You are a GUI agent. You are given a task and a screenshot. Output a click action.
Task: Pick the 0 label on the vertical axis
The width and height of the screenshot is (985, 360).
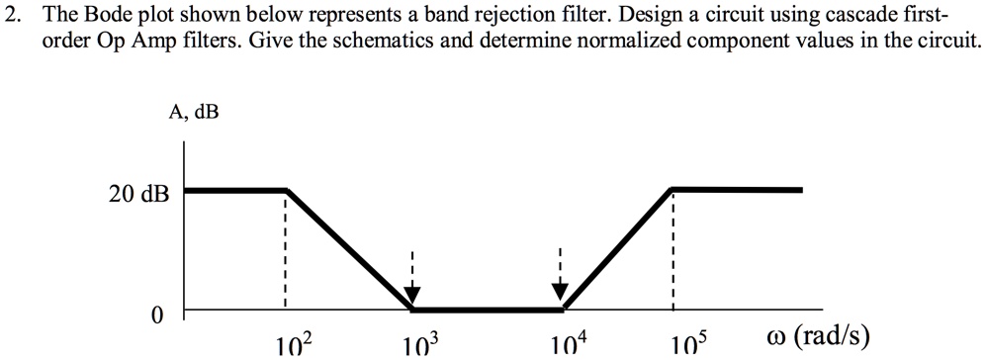point(156,315)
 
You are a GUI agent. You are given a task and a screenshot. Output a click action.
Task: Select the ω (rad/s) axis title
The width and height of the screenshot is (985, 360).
point(818,336)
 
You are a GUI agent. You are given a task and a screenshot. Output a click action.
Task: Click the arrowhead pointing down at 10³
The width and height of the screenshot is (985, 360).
point(413,294)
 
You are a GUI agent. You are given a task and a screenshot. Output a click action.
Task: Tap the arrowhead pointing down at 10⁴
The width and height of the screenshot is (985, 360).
point(560,292)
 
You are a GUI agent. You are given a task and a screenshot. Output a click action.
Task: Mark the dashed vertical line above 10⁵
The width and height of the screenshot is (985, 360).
point(672,247)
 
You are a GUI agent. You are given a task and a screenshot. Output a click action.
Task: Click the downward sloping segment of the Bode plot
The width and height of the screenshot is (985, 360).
point(349,248)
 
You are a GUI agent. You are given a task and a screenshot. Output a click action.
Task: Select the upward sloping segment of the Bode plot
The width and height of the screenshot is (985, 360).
point(617,248)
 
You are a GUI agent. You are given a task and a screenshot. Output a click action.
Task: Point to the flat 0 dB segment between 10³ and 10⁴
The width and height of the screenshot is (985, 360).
point(487,309)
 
